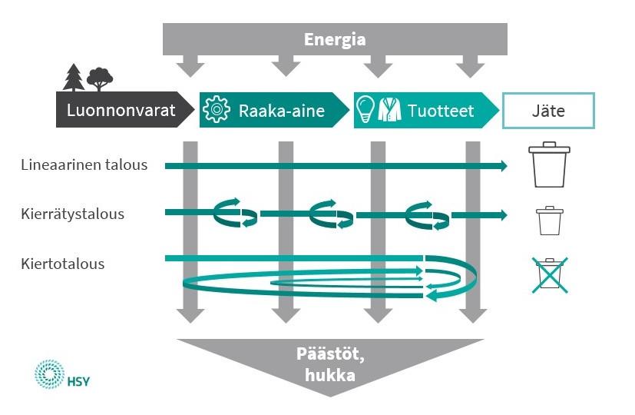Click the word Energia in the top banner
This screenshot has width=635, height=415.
click(x=335, y=40)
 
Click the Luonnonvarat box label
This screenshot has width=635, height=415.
click(x=121, y=111)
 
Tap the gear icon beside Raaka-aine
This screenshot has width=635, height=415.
click(x=217, y=111)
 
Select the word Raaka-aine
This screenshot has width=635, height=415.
click(x=281, y=111)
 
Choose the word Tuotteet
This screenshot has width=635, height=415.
click(x=441, y=111)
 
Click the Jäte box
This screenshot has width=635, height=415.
click(x=548, y=111)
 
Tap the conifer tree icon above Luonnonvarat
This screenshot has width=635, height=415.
click(x=74, y=77)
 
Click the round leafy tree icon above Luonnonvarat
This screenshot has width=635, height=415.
click(x=99, y=78)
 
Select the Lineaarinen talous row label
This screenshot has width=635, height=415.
click(x=84, y=164)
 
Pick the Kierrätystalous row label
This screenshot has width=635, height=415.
click(x=73, y=214)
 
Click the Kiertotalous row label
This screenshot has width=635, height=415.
click(x=63, y=264)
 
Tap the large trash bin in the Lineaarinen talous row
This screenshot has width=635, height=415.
click(x=549, y=164)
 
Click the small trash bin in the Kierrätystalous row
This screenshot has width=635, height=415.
click(x=549, y=221)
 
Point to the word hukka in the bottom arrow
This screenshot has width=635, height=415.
click(x=329, y=376)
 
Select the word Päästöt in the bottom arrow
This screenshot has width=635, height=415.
click(x=329, y=354)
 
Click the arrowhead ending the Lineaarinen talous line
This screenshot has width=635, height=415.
click(x=503, y=165)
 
